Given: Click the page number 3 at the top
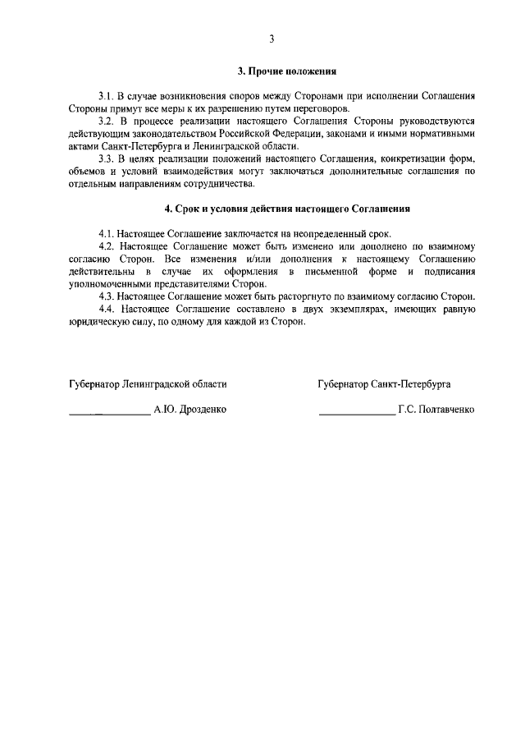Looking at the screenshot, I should point(271,39).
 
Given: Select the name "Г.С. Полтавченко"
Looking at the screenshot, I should point(436,408).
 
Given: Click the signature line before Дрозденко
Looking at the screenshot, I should point(109,411).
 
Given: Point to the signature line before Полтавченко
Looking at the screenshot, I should point(357,411).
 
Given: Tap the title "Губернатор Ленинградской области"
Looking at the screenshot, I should point(148,383).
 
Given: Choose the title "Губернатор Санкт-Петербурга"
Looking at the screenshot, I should point(384,383).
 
